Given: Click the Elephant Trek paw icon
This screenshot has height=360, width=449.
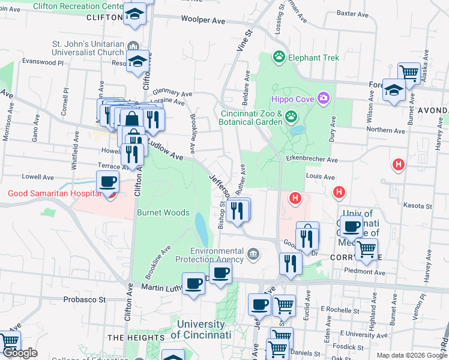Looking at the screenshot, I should (279, 58).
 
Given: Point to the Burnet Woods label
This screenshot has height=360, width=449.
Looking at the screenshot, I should (163, 213).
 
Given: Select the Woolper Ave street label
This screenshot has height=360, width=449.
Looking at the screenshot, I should (203, 21).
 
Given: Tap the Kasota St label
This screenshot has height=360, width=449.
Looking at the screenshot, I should (418, 205).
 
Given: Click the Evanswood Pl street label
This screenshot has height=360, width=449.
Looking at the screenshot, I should (42, 61).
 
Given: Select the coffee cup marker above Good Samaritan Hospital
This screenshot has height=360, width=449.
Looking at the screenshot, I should (108, 181).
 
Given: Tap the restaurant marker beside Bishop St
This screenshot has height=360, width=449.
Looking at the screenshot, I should (238, 210).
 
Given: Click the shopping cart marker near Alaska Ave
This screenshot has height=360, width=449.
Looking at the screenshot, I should (409, 73).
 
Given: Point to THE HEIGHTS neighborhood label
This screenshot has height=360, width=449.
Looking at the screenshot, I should (135, 338).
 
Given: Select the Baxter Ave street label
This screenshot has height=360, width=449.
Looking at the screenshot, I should (351, 12).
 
